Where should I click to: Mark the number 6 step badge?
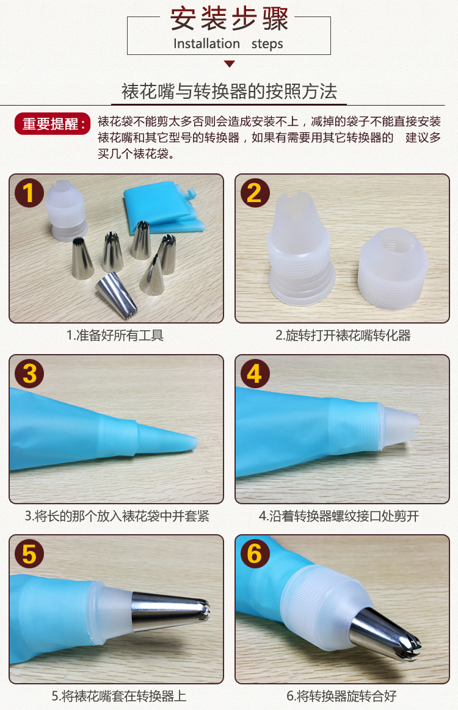point(255,553)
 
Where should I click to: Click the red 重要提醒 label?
point(53,123)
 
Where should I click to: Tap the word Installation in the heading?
point(206,43)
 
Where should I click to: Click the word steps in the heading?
point(267,44)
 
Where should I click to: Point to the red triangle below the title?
point(230,63)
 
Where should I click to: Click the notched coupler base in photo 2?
point(301,248)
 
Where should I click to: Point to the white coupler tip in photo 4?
point(399,426)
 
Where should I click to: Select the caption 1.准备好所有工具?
point(115,336)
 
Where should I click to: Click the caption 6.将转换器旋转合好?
point(341,696)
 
